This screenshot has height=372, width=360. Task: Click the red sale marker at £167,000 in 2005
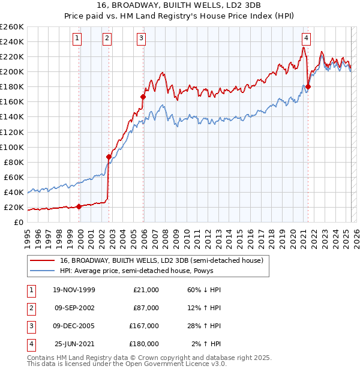click(143, 96)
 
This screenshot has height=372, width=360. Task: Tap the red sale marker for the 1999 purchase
click(79, 206)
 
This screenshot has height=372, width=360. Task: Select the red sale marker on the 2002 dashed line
click(109, 157)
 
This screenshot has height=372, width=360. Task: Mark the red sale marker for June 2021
click(308, 86)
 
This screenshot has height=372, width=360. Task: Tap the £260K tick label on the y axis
click(11, 26)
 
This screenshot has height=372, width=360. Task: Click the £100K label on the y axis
click(11, 147)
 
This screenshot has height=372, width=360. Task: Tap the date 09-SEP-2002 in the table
click(74, 308)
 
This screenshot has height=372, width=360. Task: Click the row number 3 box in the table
click(30, 326)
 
